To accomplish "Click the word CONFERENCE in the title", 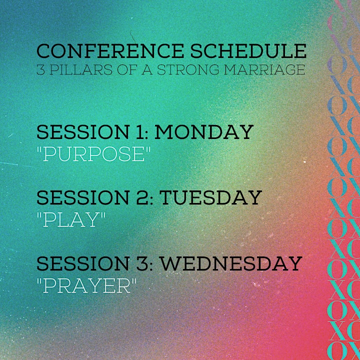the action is (110, 50).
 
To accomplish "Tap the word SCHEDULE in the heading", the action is (248, 50).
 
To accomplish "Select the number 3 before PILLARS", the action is (40, 69).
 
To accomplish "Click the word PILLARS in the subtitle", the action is (81, 69).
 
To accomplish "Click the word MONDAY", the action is (204, 132).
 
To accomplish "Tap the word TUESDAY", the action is (211, 197).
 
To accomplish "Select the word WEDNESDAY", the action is (231, 263).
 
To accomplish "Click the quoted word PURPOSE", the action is (93, 153).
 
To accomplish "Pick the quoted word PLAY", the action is (71, 219).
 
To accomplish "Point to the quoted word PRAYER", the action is (86, 285).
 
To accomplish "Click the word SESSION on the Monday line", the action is (82, 132).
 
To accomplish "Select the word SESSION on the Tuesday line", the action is (82, 197).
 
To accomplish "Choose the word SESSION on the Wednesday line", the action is (82, 263).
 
